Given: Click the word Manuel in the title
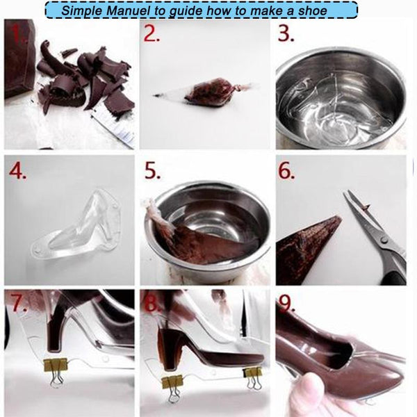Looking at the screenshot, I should (x=139, y=10).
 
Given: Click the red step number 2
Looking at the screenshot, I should (x=153, y=33).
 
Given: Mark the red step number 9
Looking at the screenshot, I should (x=286, y=306).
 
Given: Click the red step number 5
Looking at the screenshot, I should (x=153, y=171).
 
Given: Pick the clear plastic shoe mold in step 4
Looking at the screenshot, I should (x=76, y=222).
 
